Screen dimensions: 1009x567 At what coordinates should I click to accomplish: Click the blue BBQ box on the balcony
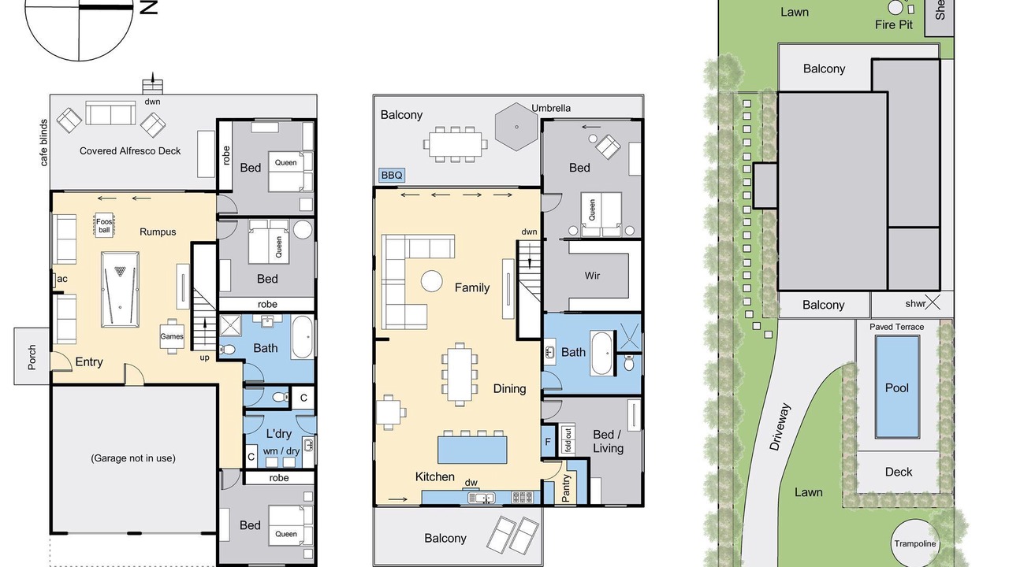click(392, 175)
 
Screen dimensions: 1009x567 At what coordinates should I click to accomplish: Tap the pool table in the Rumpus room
click(120, 289)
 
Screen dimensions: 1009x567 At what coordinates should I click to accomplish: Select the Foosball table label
click(104, 225)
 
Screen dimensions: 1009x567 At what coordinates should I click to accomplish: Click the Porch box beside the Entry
click(32, 357)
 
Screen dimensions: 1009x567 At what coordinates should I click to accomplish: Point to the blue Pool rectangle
click(897, 387)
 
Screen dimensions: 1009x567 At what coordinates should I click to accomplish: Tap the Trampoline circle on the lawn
click(915, 543)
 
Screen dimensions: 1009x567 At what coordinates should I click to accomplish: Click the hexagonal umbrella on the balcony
click(516, 127)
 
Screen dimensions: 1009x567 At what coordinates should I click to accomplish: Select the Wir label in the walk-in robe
click(592, 276)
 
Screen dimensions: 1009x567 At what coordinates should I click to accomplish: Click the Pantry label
click(566, 487)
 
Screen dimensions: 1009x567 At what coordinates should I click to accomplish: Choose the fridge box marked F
click(548, 442)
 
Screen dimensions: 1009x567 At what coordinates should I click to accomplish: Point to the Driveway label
click(780, 427)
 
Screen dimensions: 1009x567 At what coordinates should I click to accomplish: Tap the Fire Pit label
click(894, 24)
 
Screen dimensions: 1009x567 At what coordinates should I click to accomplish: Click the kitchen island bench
click(472, 450)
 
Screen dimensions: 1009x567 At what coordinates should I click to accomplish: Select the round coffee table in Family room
click(431, 281)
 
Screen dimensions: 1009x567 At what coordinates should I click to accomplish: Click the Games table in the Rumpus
click(172, 336)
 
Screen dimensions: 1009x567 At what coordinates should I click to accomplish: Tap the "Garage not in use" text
click(133, 458)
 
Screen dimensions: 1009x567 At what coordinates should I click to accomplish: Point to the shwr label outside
click(915, 304)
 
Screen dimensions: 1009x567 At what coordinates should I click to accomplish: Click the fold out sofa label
click(568, 439)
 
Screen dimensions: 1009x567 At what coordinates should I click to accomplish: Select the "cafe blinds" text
click(43, 143)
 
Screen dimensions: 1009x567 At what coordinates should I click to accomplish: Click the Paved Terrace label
click(896, 327)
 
